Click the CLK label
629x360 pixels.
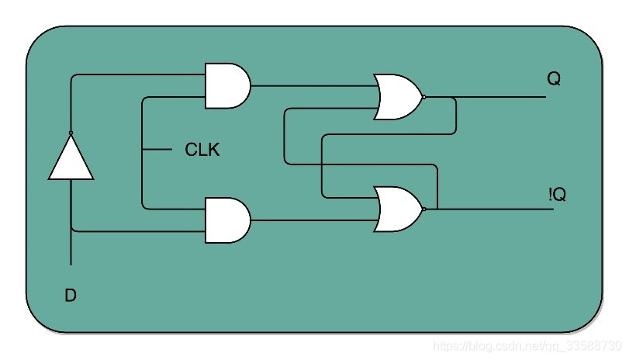coord(202,150)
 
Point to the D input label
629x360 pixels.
coord(71,296)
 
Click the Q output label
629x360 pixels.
coord(554,79)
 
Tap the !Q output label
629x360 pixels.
coord(556,196)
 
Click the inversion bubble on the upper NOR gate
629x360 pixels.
coord(423,97)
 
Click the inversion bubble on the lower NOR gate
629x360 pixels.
coord(423,209)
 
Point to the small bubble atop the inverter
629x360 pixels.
coord(71,133)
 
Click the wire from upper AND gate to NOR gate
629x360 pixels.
coord(310,85)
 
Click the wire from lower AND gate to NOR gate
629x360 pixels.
coord(310,220)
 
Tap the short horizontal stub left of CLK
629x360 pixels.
coord(157,149)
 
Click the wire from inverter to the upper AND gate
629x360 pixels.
coord(132,74)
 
